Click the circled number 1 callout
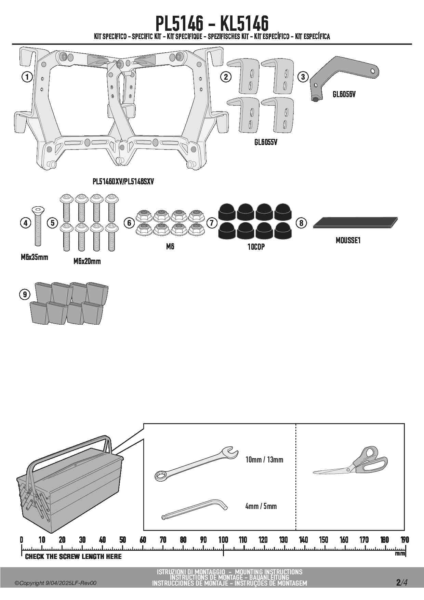coord(27,77)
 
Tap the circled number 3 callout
coord(303,77)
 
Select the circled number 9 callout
coord(25,294)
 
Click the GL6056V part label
coord(344,94)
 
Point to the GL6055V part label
coord(266,142)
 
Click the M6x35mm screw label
coord(35,257)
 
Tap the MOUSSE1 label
coord(348,240)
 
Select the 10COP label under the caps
coord(256,247)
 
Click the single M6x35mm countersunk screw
coord(38,226)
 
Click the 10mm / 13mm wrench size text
coord(264,460)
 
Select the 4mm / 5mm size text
coord(261,506)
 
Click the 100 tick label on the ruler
coord(223,540)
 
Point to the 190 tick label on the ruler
coord(405,540)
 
